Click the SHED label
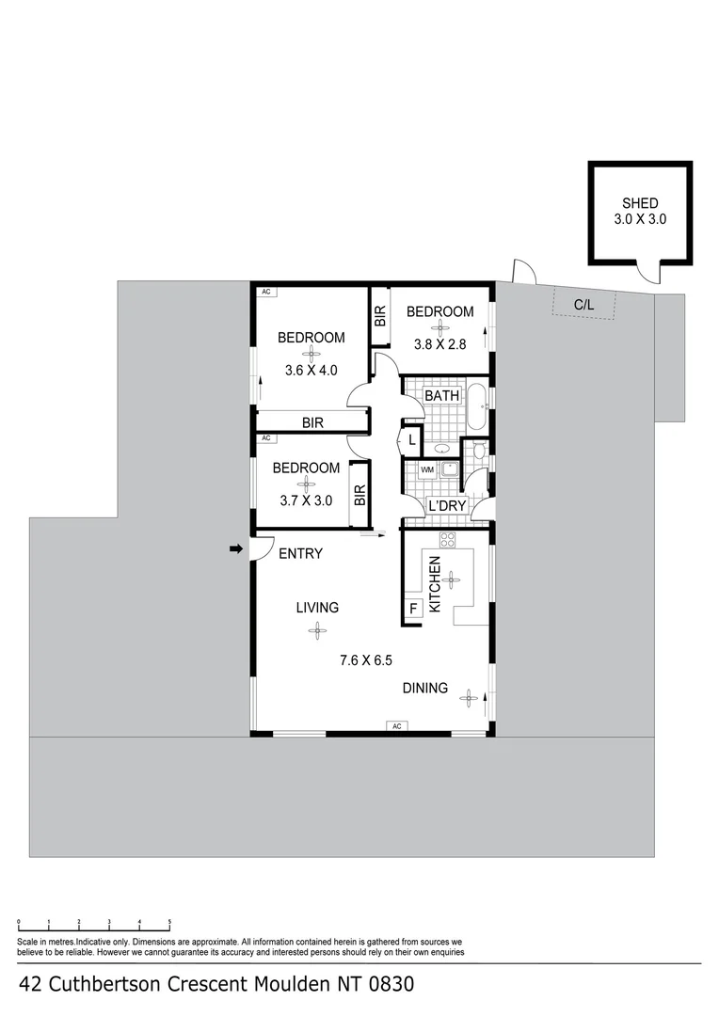pyautogui.click(x=639, y=203)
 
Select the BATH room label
pyautogui.click(x=442, y=396)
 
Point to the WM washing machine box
pyautogui.click(x=426, y=468)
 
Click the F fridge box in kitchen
pyautogui.click(x=412, y=610)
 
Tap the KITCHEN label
pyautogui.click(x=435, y=584)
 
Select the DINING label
pyautogui.click(x=425, y=688)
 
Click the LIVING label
pyautogui.click(x=317, y=608)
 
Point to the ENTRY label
pyautogui.click(x=301, y=554)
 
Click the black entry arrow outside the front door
pyautogui.click(x=235, y=548)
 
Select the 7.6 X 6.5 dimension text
pyautogui.click(x=367, y=660)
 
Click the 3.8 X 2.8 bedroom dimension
pyautogui.click(x=440, y=344)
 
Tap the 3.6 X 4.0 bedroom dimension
pyautogui.click(x=311, y=370)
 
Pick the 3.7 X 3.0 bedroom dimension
pyautogui.click(x=306, y=500)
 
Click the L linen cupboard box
pyautogui.click(x=412, y=438)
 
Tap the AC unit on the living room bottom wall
pyautogui.click(x=396, y=726)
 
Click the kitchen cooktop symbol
pyautogui.click(x=448, y=541)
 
